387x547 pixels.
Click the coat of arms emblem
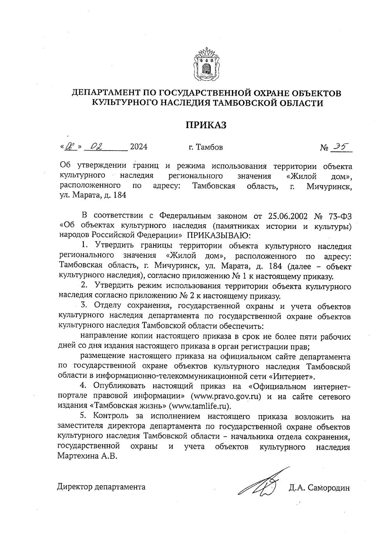pyautogui.click(x=206, y=64)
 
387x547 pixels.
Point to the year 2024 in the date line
pyautogui.click(x=139, y=147)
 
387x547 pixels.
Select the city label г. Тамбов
pyautogui.click(x=206, y=148)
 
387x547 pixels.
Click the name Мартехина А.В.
pyautogui.click(x=86, y=456)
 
